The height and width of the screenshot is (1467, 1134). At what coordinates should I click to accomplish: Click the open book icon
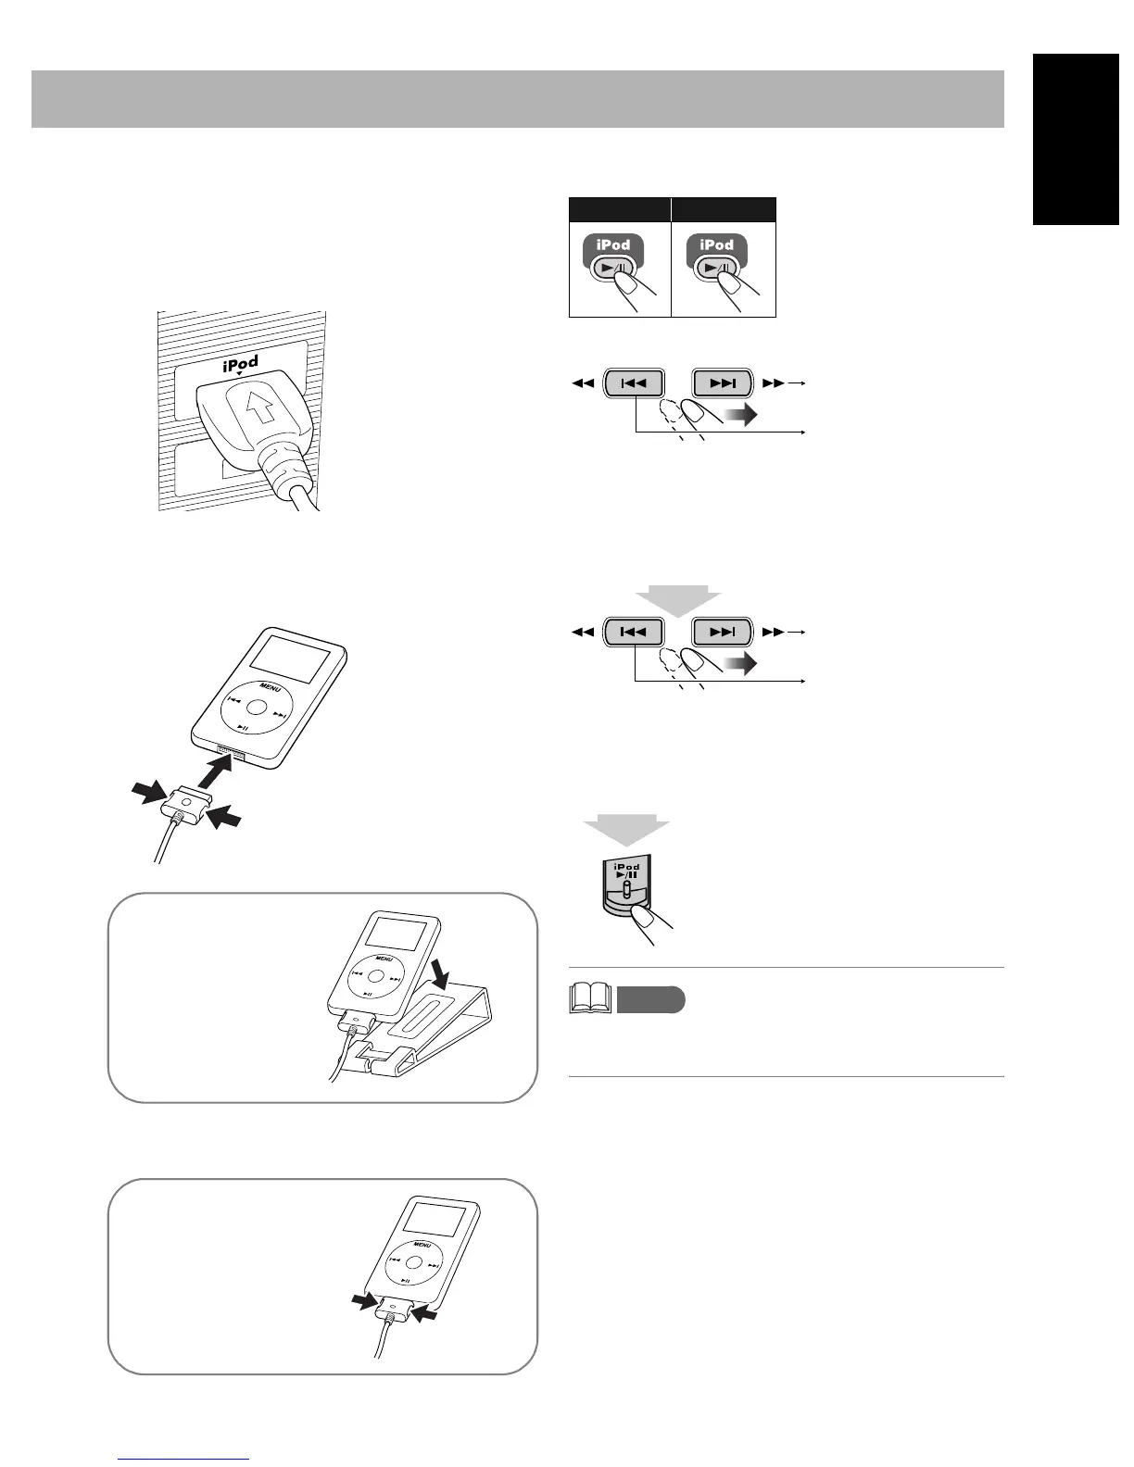pyautogui.click(x=588, y=998)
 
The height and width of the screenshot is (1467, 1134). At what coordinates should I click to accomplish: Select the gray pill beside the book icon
pyautogui.click(x=650, y=1000)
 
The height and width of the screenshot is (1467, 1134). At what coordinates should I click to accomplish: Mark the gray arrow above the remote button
pyautogui.click(x=625, y=829)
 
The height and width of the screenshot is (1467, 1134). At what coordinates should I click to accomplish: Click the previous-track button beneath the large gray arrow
pyautogui.click(x=634, y=633)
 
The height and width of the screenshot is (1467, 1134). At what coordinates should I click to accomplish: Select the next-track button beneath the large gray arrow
pyautogui.click(x=723, y=633)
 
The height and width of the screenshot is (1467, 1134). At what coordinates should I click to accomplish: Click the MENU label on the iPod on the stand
pyautogui.click(x=383, y=959)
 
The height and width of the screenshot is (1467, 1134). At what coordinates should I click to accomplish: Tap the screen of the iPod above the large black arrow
pyautogui.click(x=291, y=659)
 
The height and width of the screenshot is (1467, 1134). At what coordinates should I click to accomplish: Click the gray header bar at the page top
pyautogui.click(x=517, y=98)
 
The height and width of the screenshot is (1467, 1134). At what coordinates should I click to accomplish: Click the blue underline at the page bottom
pyautogui.click(x=184, y=1459)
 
